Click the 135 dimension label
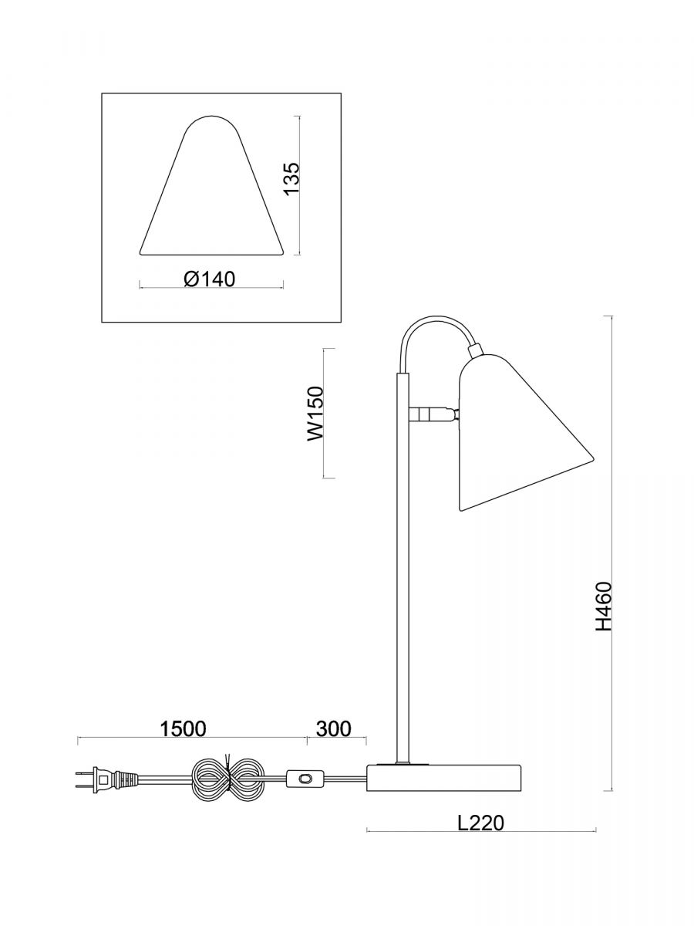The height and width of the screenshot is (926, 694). (291, 178)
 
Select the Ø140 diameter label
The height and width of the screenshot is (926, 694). (210, 279)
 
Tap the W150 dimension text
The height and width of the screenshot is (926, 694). (315, 414)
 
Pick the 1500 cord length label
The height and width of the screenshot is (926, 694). (184, 728)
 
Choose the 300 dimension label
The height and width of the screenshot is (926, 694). (333, 728)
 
